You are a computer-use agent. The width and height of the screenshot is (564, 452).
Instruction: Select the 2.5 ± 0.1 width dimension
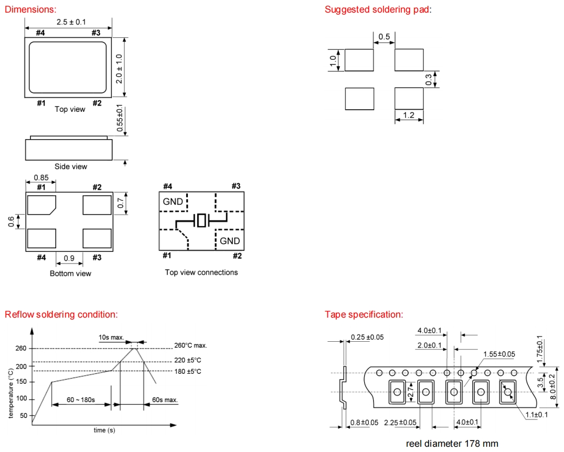coord(71,22)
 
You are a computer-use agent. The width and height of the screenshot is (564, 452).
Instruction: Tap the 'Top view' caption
coord(70,109)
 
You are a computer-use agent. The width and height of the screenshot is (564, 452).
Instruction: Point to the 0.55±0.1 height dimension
coord(120,119)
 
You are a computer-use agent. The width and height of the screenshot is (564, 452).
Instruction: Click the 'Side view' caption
coord(71,166)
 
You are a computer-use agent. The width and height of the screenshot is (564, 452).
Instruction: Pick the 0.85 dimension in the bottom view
coord(41,177)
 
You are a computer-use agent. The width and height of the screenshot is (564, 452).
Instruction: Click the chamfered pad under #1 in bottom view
coord(41,205)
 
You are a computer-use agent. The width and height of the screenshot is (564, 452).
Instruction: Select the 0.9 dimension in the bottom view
coord(69,258)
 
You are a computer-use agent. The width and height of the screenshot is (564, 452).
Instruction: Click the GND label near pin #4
coord(173,202)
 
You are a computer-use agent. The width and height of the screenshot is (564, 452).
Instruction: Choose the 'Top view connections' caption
coord(201,272)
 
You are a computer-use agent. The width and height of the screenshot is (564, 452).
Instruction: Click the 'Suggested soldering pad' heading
coord(377,9)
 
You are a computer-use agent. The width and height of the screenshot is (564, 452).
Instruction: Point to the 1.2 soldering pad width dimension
coord(409,114)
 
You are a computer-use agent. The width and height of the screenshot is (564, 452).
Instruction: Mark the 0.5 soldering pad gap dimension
coord(384,37)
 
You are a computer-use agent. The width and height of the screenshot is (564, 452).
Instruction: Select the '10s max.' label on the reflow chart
coord(111,337)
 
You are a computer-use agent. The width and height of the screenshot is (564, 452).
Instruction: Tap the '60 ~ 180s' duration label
coord(81,400)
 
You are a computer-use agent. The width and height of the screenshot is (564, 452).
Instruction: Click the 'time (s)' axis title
coord(104,430)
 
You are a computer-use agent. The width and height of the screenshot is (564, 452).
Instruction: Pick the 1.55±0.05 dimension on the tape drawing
coord(499,354)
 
